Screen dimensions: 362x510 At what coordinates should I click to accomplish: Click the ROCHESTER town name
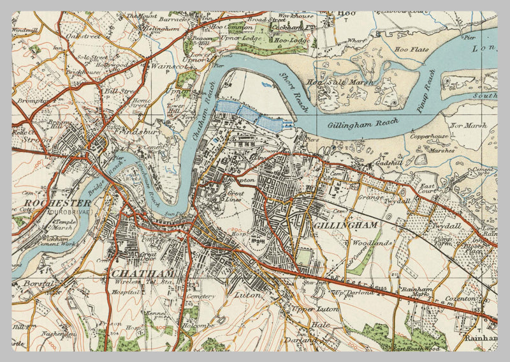coord(49,203)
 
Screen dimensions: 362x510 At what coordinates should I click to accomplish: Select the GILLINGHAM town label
coord(346,225)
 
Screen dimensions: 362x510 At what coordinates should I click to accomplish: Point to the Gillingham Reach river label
coord(363,124)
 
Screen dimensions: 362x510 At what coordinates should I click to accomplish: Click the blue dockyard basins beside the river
coord(252,115)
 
